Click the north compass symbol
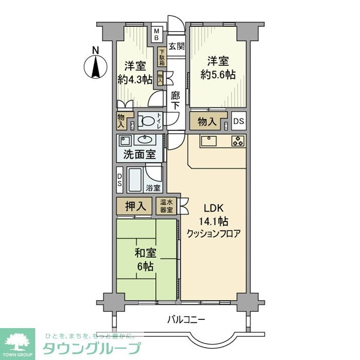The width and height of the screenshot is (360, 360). point(95,64)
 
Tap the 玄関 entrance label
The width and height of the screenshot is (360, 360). point(176,46)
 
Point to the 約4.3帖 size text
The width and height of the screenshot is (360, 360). point(135,79)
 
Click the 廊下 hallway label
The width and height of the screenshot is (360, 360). point(175,100)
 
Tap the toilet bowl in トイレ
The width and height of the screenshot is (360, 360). point(148,122)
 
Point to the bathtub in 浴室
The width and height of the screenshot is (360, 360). point(136,180)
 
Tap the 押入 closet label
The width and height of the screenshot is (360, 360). point(134,206)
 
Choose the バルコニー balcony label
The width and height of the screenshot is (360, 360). point(186,320)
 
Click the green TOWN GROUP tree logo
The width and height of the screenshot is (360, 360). point(17,342)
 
